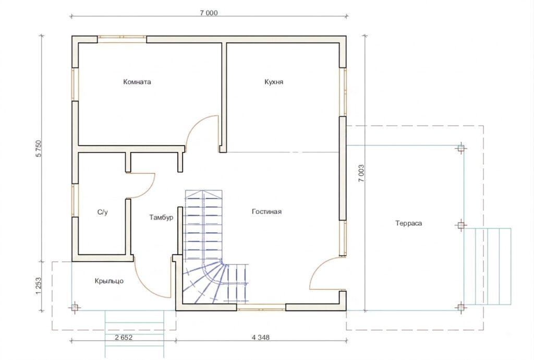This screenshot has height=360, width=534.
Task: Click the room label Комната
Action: point(137,82)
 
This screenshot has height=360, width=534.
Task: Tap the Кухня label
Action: point(274,82)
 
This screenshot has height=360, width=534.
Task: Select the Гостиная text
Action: point(266,211)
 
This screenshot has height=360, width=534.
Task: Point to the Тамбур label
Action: point(161,217)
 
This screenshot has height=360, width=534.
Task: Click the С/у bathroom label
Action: point(103,212)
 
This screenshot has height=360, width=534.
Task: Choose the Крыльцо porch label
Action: point(109,281)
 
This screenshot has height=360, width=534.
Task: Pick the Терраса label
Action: point(409,223)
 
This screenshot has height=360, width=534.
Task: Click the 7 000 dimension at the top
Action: point(209,13)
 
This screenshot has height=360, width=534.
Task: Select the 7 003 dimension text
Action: point(361,173)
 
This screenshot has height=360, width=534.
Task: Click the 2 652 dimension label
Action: point(124,338)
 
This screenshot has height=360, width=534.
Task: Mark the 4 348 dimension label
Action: point(261,338)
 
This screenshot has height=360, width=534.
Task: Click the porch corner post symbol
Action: point(75,307)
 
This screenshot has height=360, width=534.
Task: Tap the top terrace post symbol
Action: point(461,148)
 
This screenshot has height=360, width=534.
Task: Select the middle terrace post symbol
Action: point(461,225)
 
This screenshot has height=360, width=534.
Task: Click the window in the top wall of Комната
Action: point(122,39)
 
